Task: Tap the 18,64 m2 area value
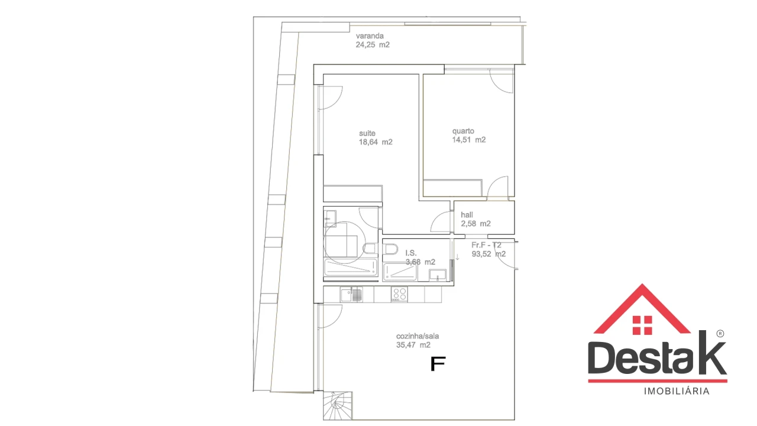376,142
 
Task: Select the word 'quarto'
463,131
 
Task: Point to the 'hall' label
467,215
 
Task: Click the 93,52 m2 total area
488,254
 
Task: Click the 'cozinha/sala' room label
418,335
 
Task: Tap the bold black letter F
438,364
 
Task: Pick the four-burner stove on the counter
399,294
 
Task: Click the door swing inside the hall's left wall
442,222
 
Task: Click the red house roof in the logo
642,308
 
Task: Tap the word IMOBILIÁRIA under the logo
676,391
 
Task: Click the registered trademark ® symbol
720,334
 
